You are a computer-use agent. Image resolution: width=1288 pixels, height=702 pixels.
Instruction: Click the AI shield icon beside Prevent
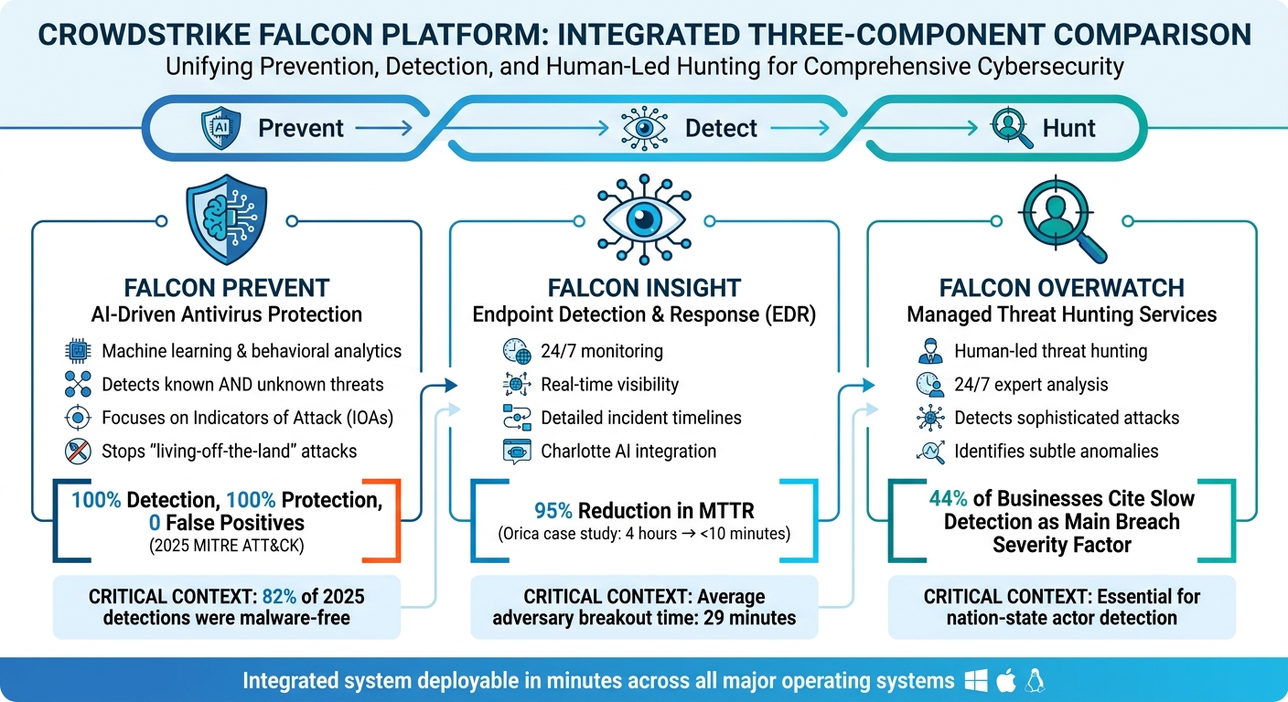[220, 128]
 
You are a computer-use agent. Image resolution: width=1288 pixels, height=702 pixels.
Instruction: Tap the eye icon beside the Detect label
[644, 127]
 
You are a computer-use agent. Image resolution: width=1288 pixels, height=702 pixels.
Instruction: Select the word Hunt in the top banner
[1068, 128]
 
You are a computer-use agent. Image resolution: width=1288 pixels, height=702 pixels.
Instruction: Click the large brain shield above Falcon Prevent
[226, 218]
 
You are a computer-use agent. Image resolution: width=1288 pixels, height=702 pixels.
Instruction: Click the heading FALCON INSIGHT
[643, 289]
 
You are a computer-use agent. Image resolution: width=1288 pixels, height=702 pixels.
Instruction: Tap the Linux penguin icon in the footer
[1036, 680]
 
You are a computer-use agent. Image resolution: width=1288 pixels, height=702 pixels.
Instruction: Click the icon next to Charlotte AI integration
[516, 451]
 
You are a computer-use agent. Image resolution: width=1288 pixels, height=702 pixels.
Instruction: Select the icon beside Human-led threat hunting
[929, 351]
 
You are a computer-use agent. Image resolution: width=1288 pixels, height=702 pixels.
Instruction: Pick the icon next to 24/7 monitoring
[516, 351]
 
